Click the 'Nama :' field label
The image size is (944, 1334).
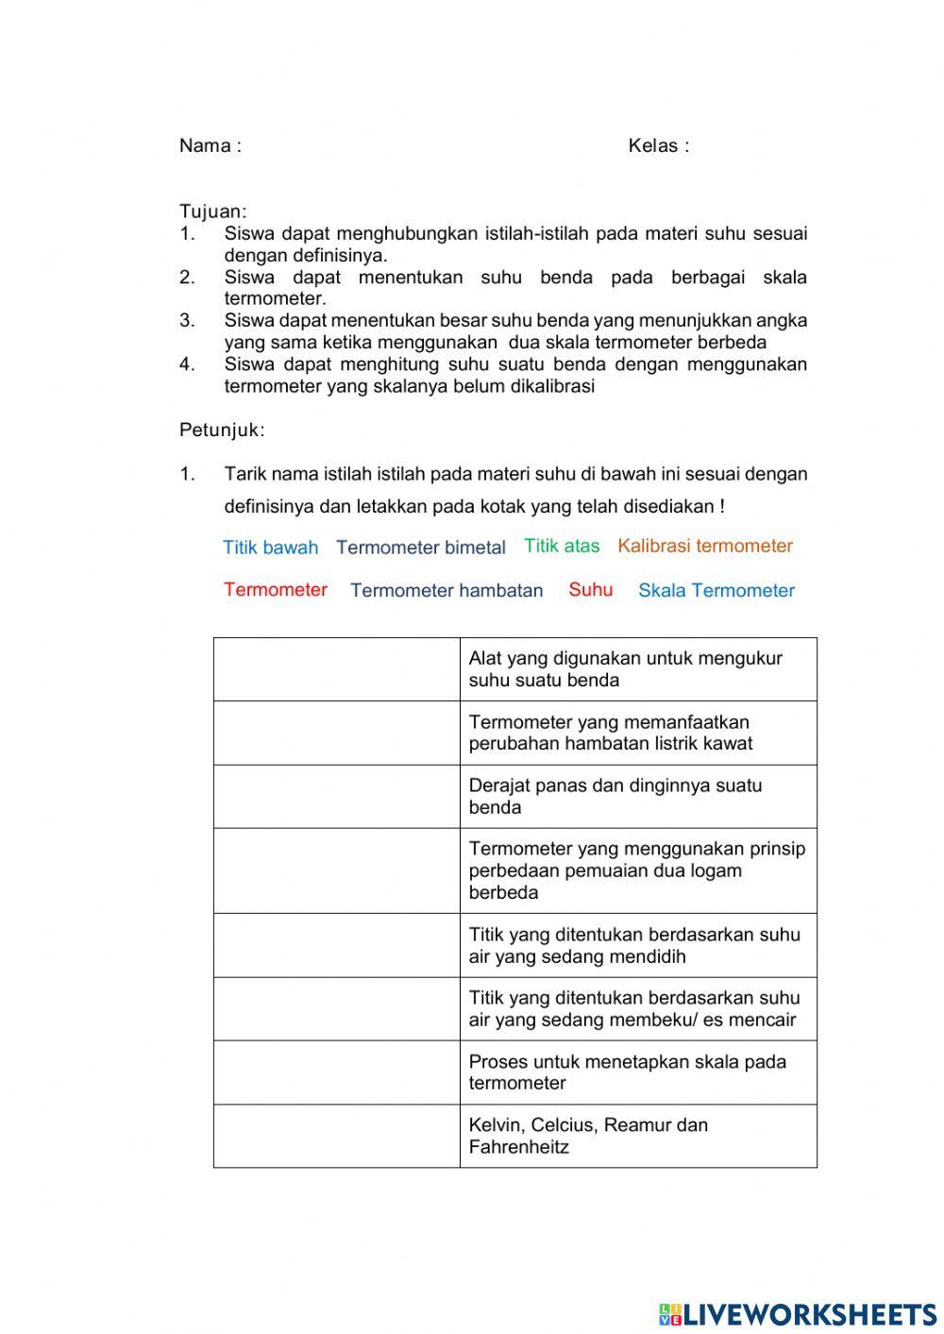(x=210, y=145)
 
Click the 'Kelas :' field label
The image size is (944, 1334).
(x=658, y=145)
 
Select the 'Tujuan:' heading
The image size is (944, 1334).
(x=212, y=211)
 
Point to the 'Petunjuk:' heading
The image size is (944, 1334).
(x=222, y=431)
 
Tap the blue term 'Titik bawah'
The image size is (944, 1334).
(x=270, y=548)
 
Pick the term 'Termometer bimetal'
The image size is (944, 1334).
(x=420, y=548)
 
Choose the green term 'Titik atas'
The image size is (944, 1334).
(x=562, y=546)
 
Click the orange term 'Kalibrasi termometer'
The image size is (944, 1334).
(x=705, y=546)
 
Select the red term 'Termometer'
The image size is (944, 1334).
(x=276, y=590)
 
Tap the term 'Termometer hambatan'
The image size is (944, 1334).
(x=447, y=591)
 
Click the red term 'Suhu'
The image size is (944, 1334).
(x=590, y=590)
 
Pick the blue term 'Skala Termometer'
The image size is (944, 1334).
(x=716, y=591)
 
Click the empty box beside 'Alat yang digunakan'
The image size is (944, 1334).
(x=336, y=669)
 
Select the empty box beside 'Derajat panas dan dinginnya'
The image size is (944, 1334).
(x=336, y=796)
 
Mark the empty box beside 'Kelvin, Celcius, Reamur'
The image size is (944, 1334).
(x=336, y=1136)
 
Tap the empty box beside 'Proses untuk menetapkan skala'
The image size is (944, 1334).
(x=336, y=1072)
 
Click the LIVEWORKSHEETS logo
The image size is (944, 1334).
(x=798, y=1313)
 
